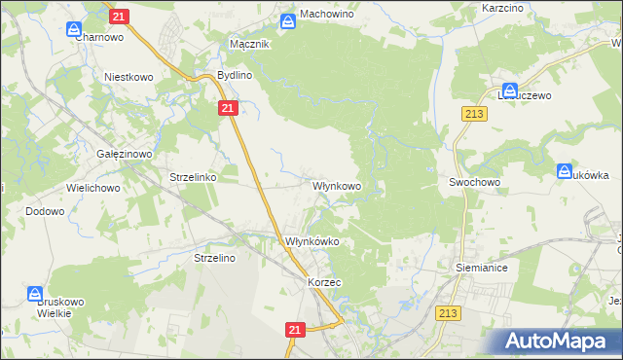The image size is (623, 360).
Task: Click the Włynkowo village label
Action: [337, 185]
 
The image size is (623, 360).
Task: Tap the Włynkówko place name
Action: [311, 242]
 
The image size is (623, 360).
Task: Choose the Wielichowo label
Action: [92, 185]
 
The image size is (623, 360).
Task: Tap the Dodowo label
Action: [45, 211]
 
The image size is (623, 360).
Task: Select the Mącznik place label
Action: [248, 45]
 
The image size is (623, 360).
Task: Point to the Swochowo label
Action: [474, 182]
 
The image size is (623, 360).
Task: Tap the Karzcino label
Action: [503, 8]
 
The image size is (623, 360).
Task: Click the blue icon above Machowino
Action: [289, 21]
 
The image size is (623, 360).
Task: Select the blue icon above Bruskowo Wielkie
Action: [35, 293]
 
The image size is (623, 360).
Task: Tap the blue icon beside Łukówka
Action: [567, 172]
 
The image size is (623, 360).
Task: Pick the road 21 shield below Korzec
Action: [296, 331]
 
